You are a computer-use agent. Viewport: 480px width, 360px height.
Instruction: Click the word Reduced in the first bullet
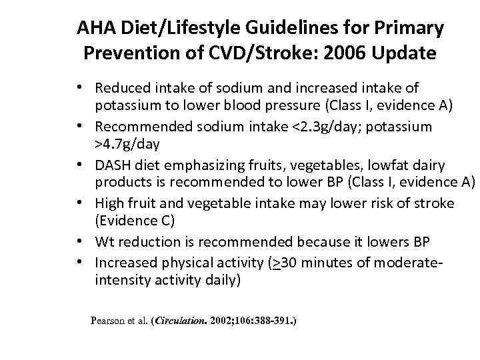(122, 88)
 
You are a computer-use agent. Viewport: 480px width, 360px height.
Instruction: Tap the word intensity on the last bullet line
(119, 280)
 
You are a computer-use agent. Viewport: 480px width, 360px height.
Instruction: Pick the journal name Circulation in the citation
(180, 321)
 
